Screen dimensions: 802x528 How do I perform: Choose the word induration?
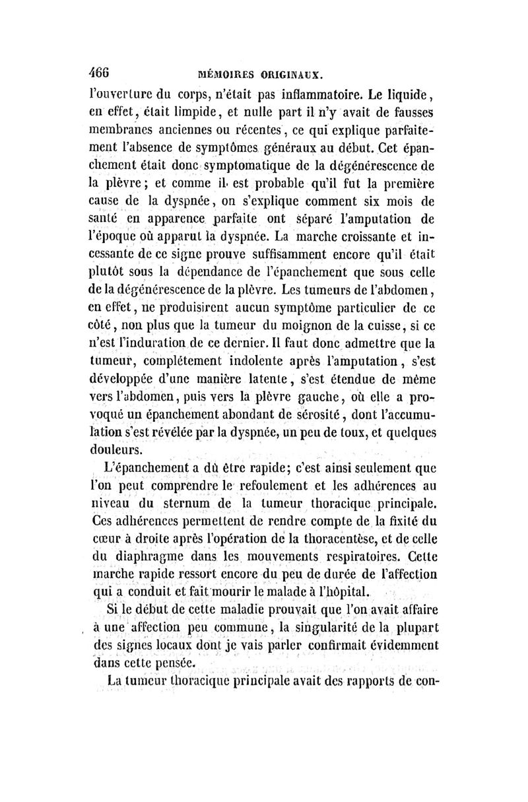165,341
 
